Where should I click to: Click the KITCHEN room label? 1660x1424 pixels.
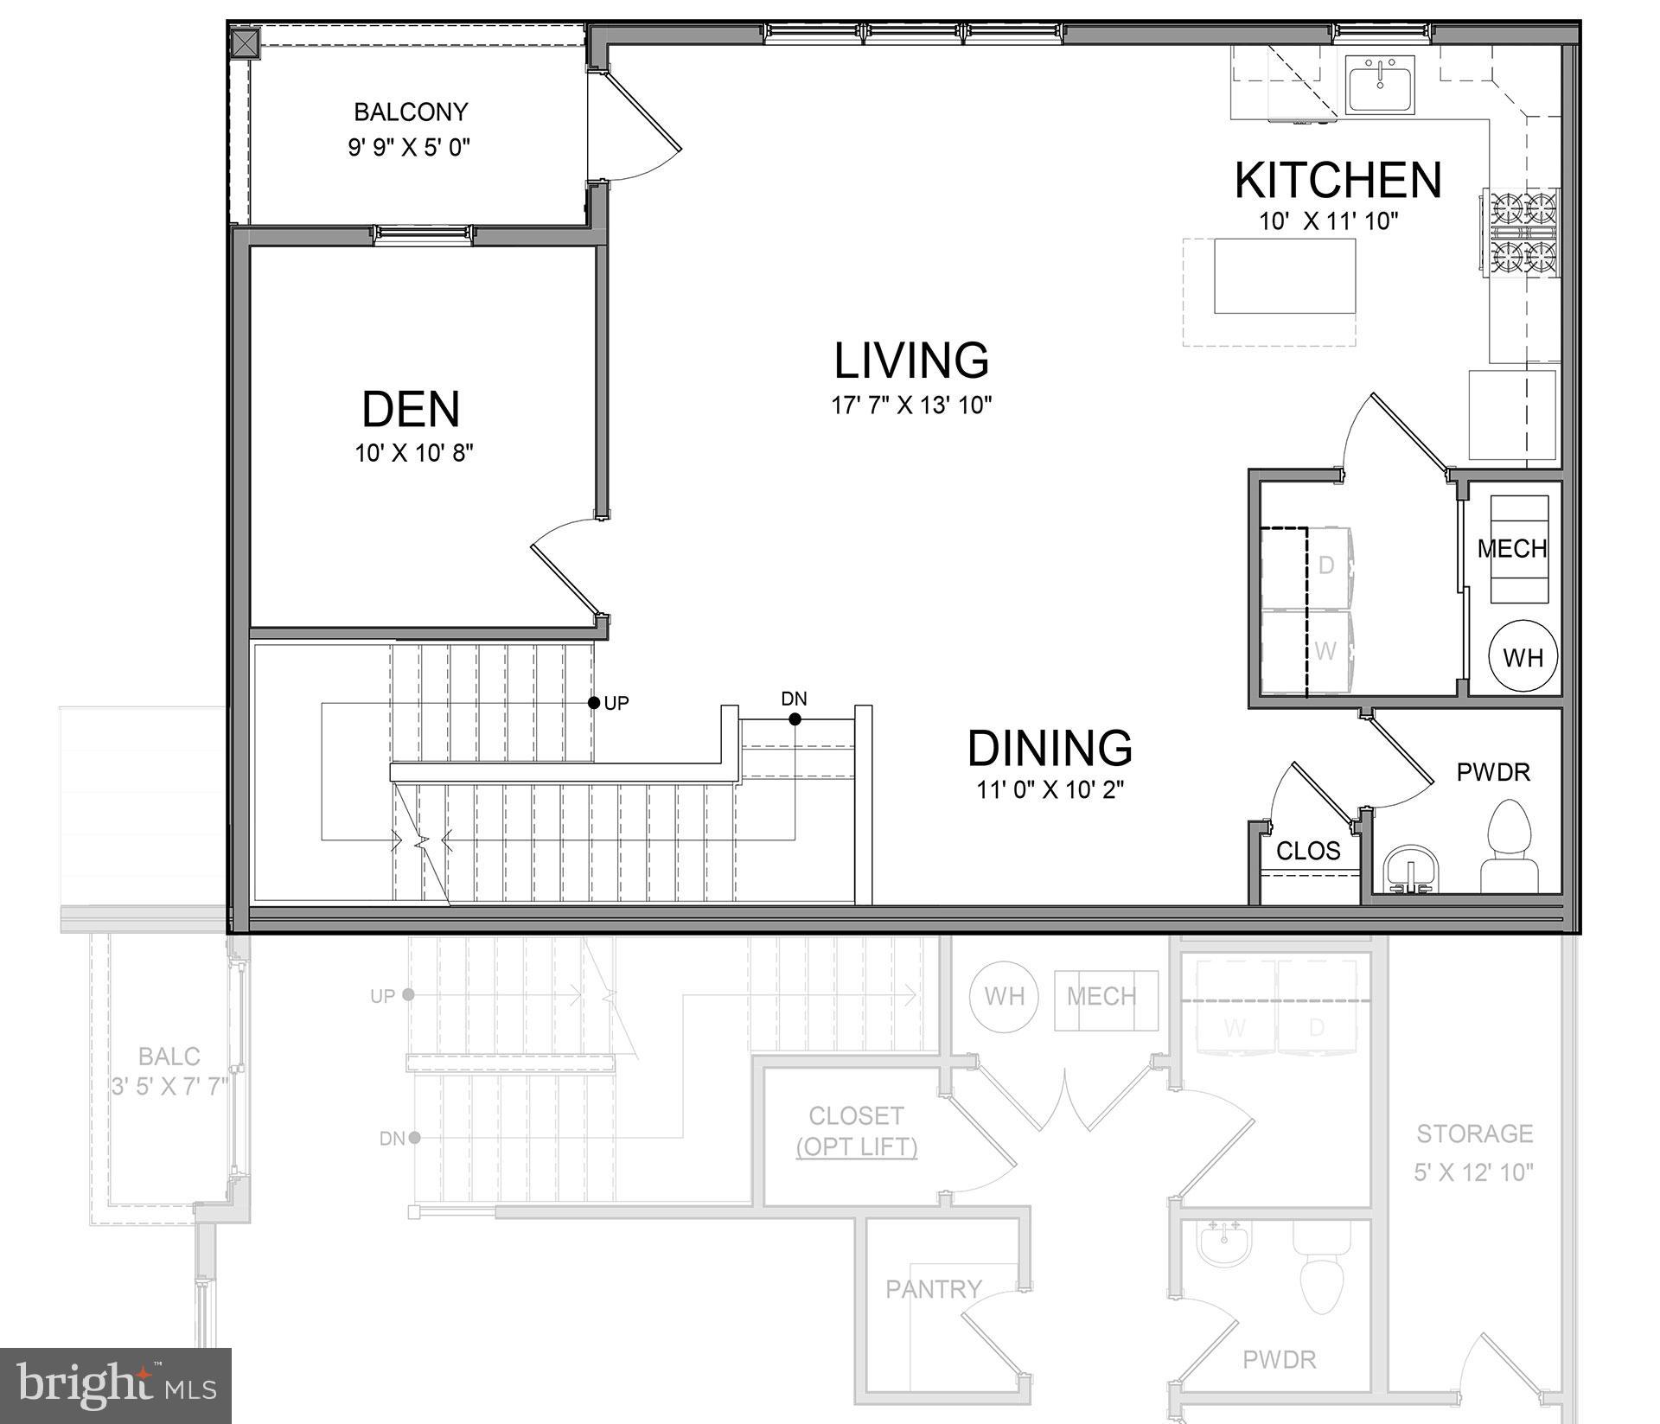pyautogui.click(x=1337, y=180)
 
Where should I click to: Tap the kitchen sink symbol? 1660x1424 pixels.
pyautogui.click(x=1380, y=84)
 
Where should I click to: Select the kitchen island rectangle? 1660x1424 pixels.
pyautogui.click(x=1284, y=277)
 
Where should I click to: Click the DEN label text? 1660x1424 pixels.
pyautogui.click(x=411, y=410)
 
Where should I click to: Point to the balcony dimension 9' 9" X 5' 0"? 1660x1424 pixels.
pyautogui.click(x=409, y=147)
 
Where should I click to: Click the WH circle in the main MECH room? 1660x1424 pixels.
pyautogui.click(x=1523, y=657)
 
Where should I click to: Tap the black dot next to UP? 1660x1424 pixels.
pyautogui.click(x=594, y=703)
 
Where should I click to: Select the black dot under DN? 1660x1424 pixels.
pyautogui.click(x=795, y=719)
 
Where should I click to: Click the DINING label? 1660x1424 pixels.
pyautogui.click(x=1050, y=749)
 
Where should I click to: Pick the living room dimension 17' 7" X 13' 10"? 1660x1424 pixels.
pyautogui.click(x=911, y=405)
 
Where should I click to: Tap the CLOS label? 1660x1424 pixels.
pyautogui.click(x=1307, y=851)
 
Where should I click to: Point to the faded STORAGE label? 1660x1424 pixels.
pyautogui.click(x=1474, y=1133)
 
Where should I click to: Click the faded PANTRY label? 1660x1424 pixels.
pyautogui.click(x=933, y=1289)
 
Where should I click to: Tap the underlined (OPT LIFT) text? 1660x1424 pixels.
pyautogui.click(x=856, y=1147)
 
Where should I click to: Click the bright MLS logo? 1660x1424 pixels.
pyautogui.click(x=116, y=1383)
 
